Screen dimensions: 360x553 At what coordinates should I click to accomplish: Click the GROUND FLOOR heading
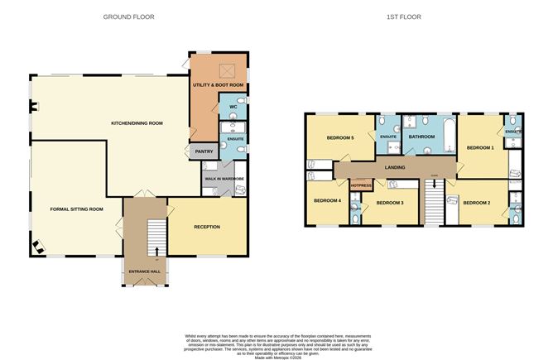click(127, 17)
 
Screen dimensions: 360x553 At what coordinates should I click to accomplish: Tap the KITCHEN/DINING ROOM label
click(137, 122)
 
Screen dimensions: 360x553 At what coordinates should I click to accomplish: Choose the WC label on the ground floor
click(232, 107)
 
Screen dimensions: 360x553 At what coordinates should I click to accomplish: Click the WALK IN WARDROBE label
click(224, 176)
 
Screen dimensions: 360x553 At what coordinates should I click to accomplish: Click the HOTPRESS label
click(361, 185)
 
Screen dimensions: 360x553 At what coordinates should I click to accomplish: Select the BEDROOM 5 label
click(339, 137)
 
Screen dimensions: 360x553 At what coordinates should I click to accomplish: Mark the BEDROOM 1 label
click(479, 147)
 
